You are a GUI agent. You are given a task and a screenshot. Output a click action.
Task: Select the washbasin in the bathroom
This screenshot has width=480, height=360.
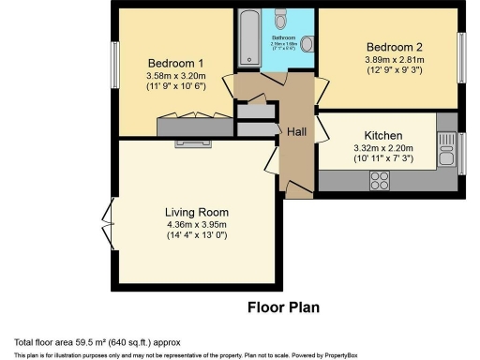click(x=307, y=22)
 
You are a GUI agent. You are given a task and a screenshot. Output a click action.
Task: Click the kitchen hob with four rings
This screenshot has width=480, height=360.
click(x=381, y=184)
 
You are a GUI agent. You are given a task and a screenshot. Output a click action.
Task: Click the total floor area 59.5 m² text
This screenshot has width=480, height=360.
click(x=97, y=341)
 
